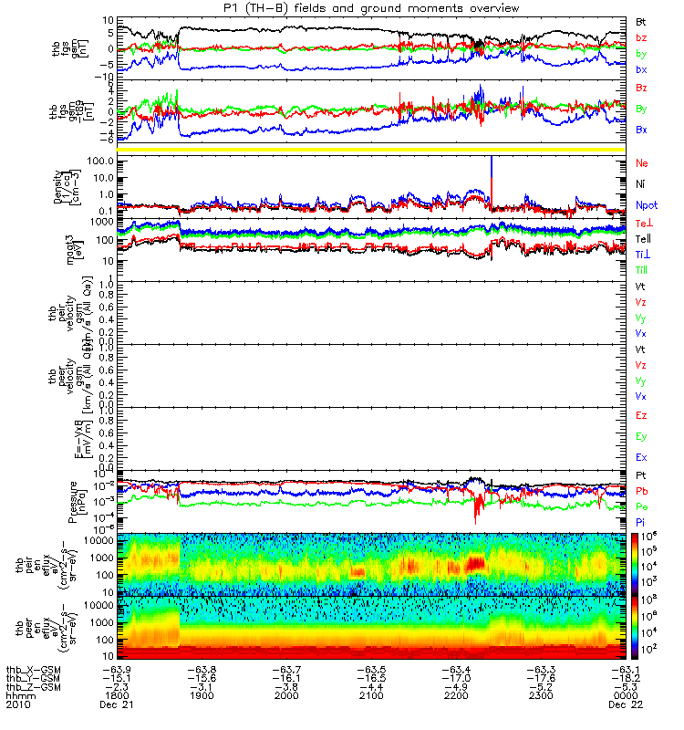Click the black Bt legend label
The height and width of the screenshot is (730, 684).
[x=641, y=20]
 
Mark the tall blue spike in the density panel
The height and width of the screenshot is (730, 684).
[x=492, y=173]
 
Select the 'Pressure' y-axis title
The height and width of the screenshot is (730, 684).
[x=74, y=502]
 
